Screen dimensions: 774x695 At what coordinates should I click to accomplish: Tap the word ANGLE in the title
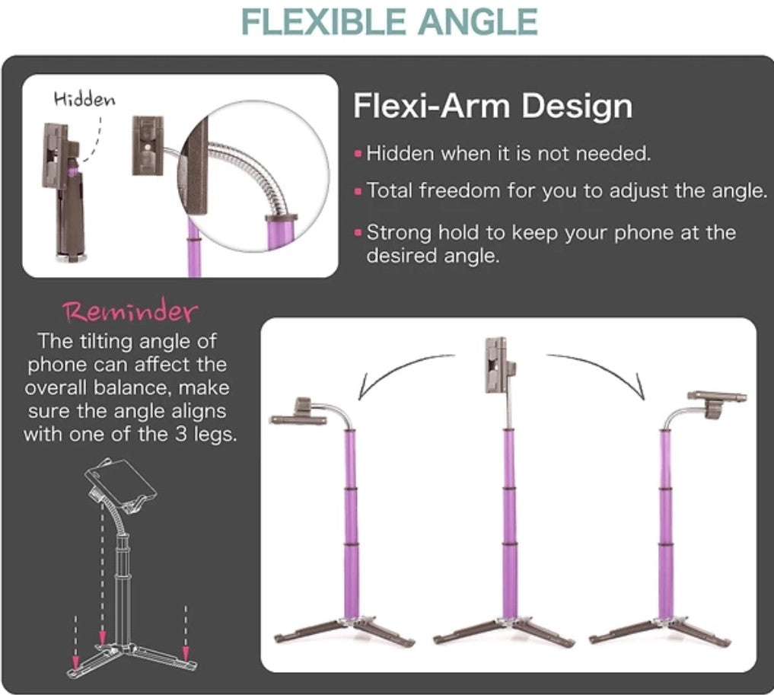coord(478,22)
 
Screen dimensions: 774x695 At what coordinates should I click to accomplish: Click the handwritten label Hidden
coord(84,99)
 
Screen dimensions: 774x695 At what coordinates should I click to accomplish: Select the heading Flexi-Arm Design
coord(492,106)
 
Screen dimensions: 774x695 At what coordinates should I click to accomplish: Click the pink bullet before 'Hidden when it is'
coord(358,154)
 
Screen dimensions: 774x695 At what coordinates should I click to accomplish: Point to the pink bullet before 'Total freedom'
coord(358,191)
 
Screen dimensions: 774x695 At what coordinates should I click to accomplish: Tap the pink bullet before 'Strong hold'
coord(358,232)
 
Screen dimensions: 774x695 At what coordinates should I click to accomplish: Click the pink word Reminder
coord(130,311)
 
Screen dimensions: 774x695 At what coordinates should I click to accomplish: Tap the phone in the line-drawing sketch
coord(121,482)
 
